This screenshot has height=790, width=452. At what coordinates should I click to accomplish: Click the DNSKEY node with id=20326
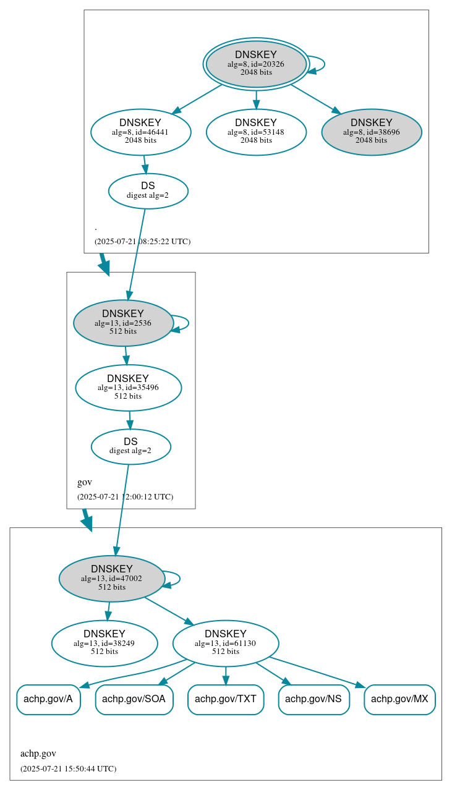point(256,64)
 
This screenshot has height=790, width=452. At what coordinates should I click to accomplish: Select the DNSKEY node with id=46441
point(140,132)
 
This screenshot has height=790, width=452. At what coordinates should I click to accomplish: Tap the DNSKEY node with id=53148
point(256,132)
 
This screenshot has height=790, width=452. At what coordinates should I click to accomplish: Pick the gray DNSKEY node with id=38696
point(371,132)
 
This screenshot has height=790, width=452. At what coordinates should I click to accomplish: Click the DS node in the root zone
point(148,191)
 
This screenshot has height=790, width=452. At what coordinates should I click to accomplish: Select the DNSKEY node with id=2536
point(123,323)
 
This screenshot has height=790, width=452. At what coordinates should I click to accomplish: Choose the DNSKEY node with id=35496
point(128,388)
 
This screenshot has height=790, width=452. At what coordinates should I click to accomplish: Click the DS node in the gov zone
point(130,446)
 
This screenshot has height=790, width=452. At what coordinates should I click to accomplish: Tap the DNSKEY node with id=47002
point(112,579)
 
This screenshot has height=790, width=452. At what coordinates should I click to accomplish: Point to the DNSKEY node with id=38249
point(104,643)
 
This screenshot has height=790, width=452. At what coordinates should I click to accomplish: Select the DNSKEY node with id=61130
point(226,643)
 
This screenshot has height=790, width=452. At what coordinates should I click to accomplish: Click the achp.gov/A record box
point(48,700)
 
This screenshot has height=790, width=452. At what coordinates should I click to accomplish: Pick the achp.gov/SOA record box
point(134,700)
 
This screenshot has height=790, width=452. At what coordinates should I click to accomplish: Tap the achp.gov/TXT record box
point(226,700)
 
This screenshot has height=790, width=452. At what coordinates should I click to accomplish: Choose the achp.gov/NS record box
point(314,700)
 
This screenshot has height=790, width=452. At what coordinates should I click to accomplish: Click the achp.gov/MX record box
point(399,700)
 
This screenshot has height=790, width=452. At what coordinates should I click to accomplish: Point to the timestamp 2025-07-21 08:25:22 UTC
point(142,242)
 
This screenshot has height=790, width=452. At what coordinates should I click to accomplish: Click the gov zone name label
point(85,482)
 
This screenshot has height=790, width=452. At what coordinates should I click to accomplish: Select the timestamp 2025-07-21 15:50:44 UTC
point(68,769)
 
